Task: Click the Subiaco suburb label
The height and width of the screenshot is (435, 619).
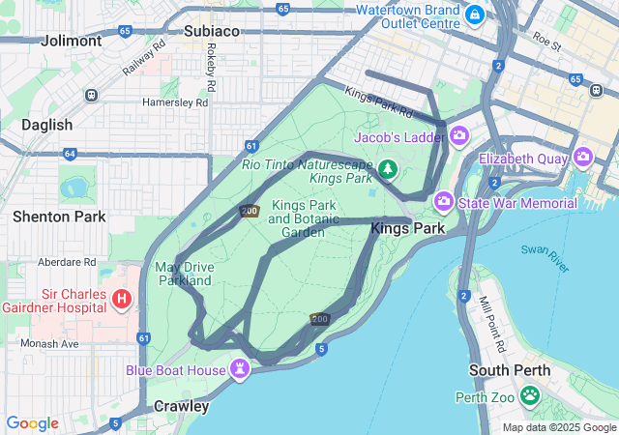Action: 211,31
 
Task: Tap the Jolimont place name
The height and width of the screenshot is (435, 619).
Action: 72,42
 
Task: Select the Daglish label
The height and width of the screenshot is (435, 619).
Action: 47,125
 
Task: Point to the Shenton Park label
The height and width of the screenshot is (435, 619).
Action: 59,217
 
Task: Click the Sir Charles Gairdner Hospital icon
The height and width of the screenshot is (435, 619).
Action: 122,299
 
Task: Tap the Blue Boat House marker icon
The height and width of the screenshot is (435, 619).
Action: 240,369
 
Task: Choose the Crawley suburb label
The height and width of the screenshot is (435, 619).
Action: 181,406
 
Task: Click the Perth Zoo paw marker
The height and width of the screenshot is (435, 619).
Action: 530,394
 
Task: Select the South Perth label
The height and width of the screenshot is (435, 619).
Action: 510,370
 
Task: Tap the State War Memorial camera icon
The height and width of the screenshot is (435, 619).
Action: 444,202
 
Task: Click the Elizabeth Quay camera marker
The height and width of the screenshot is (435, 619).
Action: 583,157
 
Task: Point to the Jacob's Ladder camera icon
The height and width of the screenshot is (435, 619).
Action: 458,137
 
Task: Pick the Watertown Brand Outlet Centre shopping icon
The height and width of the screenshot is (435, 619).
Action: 474,14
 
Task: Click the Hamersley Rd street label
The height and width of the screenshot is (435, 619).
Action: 175,101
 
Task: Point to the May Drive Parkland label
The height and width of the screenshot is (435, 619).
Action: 184,274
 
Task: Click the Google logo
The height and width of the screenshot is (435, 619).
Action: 32,423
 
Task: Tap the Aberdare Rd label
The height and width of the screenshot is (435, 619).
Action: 67,262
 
